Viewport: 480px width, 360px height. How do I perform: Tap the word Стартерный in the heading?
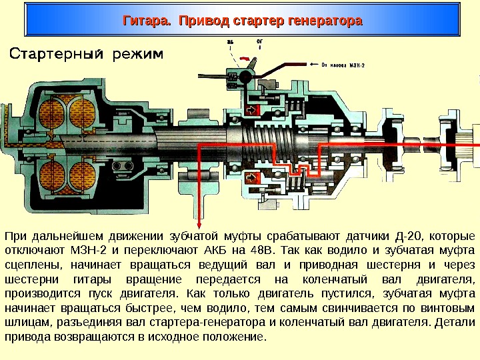(61, 53)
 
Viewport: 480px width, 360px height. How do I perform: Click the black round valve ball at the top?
(245, 77)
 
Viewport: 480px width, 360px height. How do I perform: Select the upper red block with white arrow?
(252, 109)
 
